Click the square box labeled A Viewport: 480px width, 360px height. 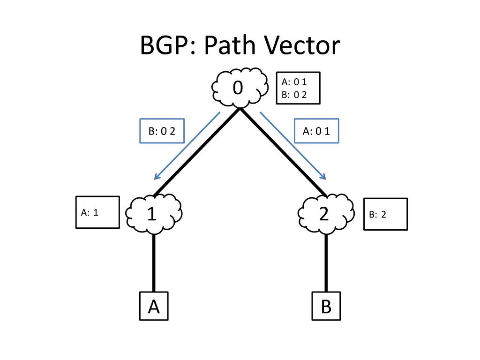154,306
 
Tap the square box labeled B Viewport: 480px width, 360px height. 326,306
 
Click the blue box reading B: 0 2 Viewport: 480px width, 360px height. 162,131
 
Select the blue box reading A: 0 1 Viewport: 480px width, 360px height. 316,131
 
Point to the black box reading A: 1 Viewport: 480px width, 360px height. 97,212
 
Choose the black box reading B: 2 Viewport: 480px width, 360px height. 385,214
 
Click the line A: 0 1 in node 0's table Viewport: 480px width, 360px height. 294,82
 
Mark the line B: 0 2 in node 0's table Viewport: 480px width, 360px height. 294,94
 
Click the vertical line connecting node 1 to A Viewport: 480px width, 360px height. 154,262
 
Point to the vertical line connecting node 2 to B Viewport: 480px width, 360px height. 326,262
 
